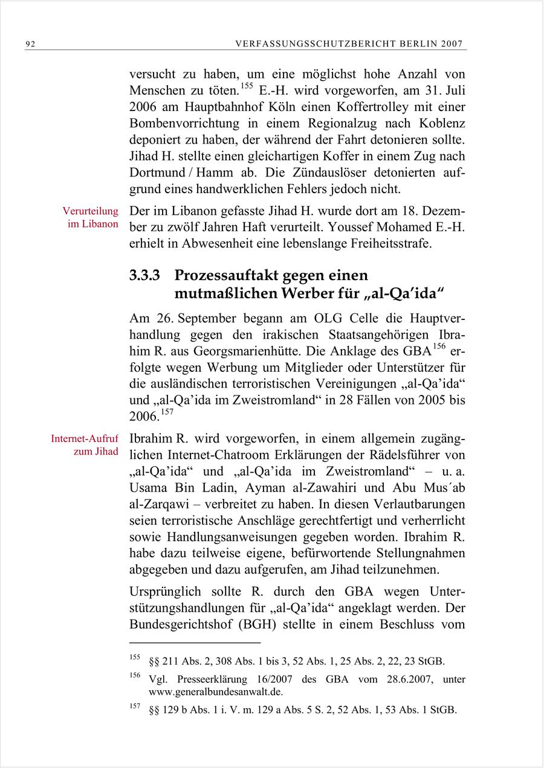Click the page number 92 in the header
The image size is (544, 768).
click(x=30, y=44)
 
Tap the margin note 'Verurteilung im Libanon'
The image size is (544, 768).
click(x=91, y=217)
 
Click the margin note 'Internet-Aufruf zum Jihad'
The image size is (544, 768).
click(x=85, y=444)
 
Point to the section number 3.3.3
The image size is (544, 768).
click(x=144, y=276)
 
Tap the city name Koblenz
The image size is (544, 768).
click(x=441, y=124)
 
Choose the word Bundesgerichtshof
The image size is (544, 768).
click(x=180, y=624)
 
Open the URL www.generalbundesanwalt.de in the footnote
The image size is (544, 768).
click(x=215, y=692)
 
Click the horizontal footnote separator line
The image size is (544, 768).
click(x=195, y=643)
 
